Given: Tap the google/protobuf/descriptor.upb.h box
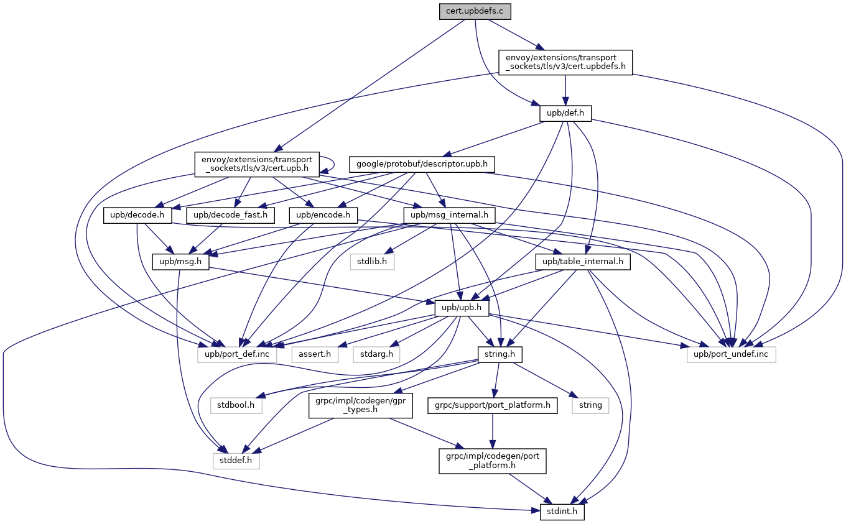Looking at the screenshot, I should click(422, 165).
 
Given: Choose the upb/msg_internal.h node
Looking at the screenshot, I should click(449, 216).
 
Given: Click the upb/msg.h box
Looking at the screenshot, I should click(180, 262).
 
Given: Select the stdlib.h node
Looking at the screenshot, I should click(372, 262).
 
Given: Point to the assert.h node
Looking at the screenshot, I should click(315, 354).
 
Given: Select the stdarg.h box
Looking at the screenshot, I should click(377, 354).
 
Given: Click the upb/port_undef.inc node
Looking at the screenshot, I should click(732, 354).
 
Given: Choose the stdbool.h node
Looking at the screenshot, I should click(236, 405).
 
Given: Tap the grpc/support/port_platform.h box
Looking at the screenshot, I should click(493, 405).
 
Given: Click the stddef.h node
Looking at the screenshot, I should click(236, 461).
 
